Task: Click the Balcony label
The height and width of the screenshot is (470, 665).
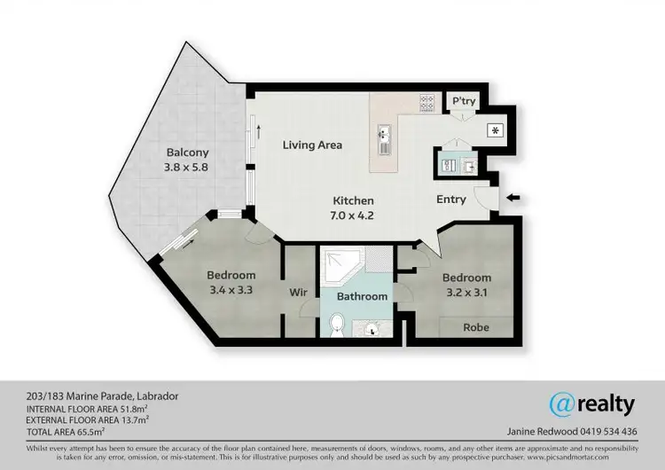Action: click(x=187, y=152)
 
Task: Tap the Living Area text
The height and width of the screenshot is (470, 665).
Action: click(x=312, y=145)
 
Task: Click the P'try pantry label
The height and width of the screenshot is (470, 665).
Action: click(x=465, y=102)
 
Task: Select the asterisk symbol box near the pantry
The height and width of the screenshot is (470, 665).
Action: click(x=493, y=129)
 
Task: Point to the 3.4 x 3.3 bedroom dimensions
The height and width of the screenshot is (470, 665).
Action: click(x=231, y=290)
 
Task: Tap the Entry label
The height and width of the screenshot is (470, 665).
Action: click(x=451, y=200)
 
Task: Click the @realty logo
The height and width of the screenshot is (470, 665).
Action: click(x=592, y=404)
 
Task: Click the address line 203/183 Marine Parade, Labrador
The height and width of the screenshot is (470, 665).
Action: click(x=90, y=396)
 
